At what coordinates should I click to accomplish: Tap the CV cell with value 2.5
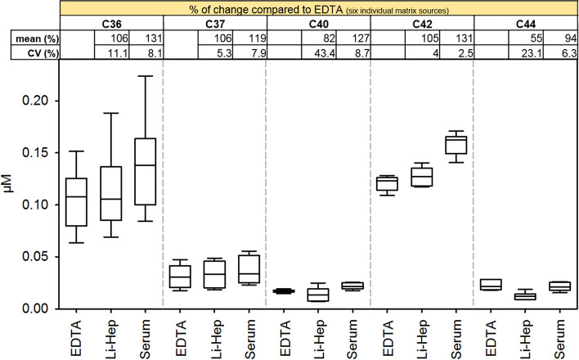point(460,53)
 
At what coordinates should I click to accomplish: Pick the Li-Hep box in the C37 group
point(213,274)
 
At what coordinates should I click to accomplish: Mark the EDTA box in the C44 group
point(491,285)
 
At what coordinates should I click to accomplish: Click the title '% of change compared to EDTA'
point(246,7)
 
